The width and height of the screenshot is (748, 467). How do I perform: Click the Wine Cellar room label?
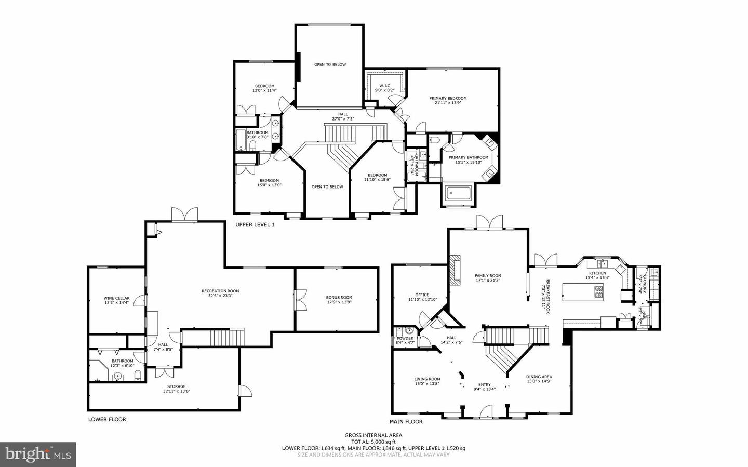pos(116,298)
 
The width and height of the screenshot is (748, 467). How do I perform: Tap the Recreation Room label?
pos(220,291)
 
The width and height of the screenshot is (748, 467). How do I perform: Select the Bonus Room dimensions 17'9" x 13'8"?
pos(339,302)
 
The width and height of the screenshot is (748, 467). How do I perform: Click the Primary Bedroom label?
pos(448,98)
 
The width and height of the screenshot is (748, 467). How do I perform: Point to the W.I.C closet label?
pos(384,86)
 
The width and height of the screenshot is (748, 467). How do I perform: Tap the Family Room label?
pos(488,276)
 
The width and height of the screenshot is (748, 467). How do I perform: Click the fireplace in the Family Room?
pos(455,270)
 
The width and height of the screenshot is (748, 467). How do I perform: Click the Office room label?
pos(422,295)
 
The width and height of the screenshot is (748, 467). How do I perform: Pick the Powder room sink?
pos(409,330)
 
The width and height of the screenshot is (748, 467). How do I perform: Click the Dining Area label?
pos(539,377)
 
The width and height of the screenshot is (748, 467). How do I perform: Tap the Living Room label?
pos(427,379)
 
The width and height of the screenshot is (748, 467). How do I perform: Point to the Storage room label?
pos(176,386)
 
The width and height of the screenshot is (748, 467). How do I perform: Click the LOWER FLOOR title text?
pos(107,419)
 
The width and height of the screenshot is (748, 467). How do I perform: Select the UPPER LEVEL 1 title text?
pos(255,225)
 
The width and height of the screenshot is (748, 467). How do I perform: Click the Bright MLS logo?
pos(38,455)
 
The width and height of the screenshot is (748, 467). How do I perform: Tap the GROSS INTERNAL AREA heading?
pos(373,435)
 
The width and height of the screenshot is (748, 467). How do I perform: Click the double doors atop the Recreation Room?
pos(185,215)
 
